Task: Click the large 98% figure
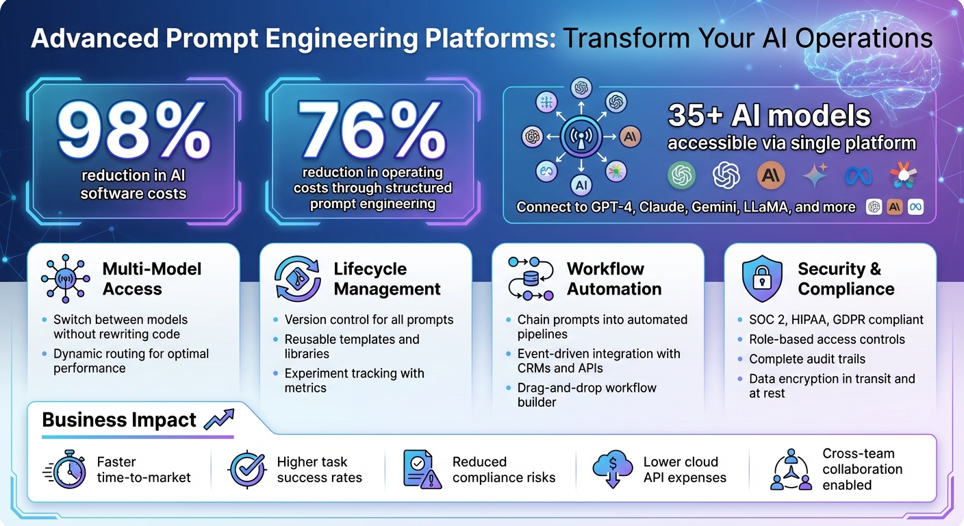(134, 130)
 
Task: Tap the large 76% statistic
(372, 130)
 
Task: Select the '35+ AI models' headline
(769, 116)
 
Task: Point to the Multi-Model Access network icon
(65, 279)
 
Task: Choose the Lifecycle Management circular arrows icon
(297, 279)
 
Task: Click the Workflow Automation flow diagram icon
(530, 279)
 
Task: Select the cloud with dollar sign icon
(612, 469)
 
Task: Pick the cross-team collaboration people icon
(790, 470)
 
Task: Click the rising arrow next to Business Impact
(218, 418)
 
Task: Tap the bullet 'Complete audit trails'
(797, 359)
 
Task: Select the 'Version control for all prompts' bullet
(368, 320)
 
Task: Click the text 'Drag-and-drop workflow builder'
(586, 395)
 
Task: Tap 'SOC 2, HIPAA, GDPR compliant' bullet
(835, 320)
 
